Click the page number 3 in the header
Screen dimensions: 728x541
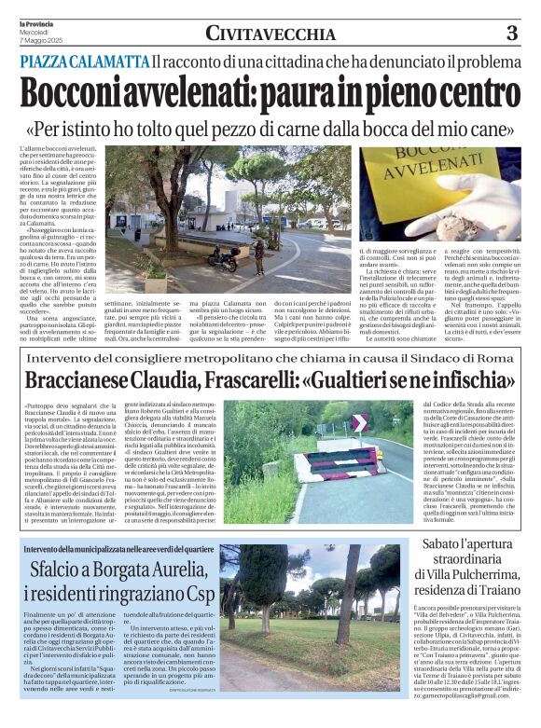pos(511,34)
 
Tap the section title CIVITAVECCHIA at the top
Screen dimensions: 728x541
pos(270,34)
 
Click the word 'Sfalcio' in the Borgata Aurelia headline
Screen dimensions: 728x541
pos(61,568)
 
